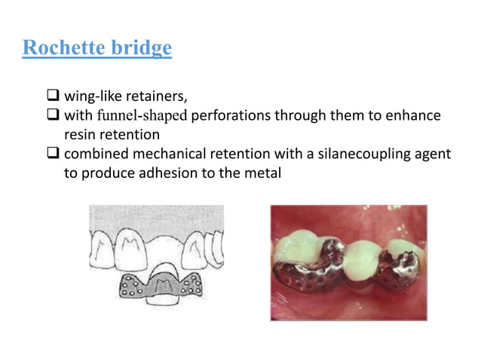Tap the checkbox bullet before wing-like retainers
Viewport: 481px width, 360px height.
[x=53, y=96]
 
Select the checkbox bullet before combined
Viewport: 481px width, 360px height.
[x=53, y=154]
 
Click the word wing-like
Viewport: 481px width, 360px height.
[x=93, y=97]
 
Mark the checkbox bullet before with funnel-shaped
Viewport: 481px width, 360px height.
[x=53, y=117]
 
